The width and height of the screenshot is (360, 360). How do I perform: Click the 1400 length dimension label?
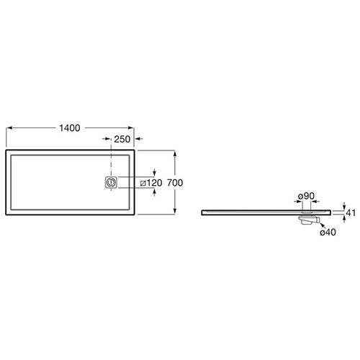[70, 128]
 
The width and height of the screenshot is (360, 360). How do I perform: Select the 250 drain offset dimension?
[122, 139]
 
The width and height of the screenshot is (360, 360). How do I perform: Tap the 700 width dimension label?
[175, 183]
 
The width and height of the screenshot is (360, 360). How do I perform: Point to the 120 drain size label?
[154, 183]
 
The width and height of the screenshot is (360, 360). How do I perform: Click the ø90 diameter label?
[306, 196]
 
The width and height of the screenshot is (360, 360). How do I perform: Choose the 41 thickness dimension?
[351, 212]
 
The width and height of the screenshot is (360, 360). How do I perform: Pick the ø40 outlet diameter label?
[328, 232]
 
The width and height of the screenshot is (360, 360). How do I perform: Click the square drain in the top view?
[111, 182]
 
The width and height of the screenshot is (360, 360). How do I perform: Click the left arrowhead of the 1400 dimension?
[9, 128]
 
